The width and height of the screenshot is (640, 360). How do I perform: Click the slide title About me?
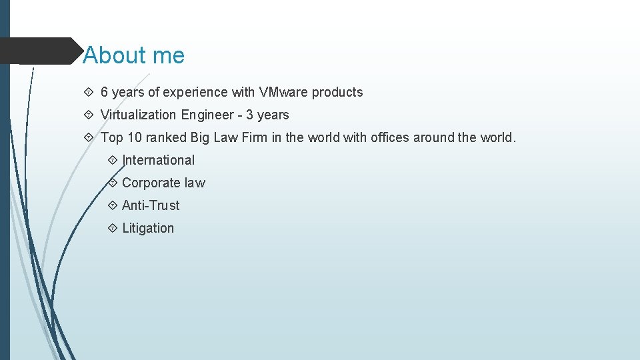pos(133,55)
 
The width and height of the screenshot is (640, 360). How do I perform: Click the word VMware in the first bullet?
pos(283,92)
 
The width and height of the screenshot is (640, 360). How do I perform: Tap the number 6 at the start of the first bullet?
pos(105,92)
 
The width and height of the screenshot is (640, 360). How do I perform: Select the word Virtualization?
pos(138,115)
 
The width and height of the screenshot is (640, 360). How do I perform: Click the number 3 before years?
pos(249,115)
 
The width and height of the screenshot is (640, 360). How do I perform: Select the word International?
pos(159,160)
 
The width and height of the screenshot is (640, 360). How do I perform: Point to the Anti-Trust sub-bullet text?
pos(151,205)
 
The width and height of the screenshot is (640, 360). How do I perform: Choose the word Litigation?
pos(148,228)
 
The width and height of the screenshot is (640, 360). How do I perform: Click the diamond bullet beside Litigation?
pos(112,228)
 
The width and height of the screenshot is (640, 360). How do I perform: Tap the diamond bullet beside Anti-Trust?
pos(112,205)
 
